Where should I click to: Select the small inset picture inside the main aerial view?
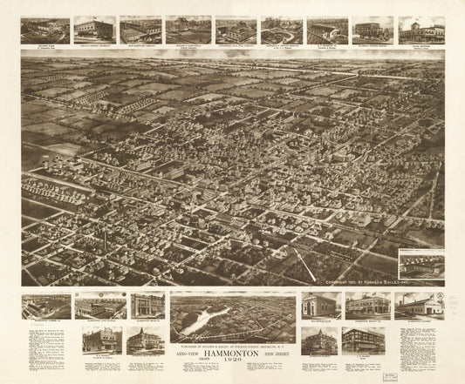(x=421, y=264)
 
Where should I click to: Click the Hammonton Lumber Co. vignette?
(x=46, y=306)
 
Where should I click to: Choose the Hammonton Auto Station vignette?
(x=100, y=306)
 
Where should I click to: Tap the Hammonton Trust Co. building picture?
(x=147, y=305)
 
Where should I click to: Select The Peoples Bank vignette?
(x=320, y=305)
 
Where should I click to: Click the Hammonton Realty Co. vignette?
(x=366, y=306)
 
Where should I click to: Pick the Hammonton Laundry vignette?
(x=416, y=305)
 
